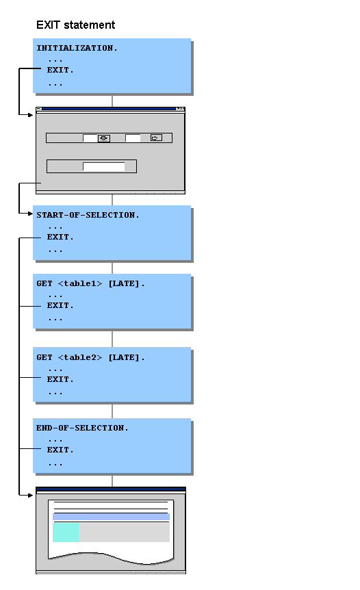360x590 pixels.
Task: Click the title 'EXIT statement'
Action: pyautogui.click(x=75, y=25)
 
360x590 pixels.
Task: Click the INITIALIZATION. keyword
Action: pyautogui.click(x=77, y=49)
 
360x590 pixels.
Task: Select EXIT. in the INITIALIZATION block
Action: pyautogui.click(x=60, y=70)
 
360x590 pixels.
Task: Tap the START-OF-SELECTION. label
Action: pyautogui.click(x=88, y=215)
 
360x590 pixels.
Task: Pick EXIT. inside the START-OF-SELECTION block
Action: pyautogui.click(x=60, y=238)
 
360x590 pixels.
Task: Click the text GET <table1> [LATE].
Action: pyautogui.click(x=90, y=283)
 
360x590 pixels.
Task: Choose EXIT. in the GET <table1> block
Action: pyautogui.click(x=60, y=306)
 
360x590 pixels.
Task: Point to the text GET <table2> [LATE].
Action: pyautogui.click(x=90, y=357)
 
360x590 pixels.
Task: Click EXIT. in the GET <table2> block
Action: pyautogui.click(x=60, y=379)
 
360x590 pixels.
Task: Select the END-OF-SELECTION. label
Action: pyautogui.click(x=82, y=428)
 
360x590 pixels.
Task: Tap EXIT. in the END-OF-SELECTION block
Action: pyautogui.click(x=60, y=450)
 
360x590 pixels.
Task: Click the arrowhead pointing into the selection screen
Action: pyautogui.click(x=30, y=115)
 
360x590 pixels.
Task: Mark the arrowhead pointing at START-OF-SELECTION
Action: pyautogui.click(x=30, y=214)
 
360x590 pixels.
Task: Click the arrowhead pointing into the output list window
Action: pyautogui.click(x=30, y=493)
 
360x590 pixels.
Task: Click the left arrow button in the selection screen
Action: pyautogui.click(x=103, y=138)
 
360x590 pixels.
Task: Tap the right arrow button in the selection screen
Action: pyautogui.click(x=156, y=138)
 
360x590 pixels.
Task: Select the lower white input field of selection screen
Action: pyautogui.click(x=104, y=166)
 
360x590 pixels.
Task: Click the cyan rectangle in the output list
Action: pyautogui.click(x=66, y=533)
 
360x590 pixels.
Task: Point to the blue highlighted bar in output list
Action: pyautogui.click(x=111, y=517)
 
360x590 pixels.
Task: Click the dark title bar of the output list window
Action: pyautogui.click(x=111, y=489)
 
